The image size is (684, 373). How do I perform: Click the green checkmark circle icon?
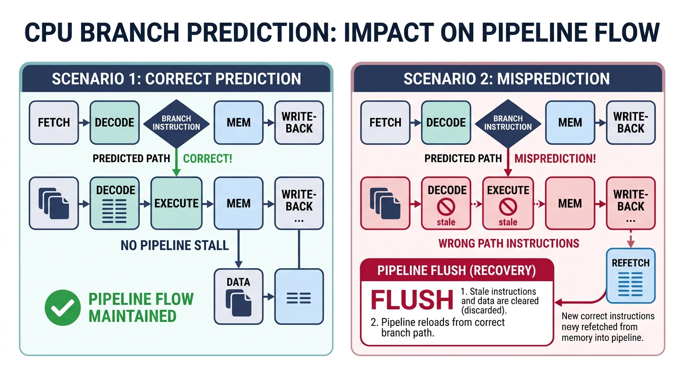[63, 307]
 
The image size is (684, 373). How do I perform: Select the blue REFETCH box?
[631, 275]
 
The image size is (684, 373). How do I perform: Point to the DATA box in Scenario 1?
[239, 296]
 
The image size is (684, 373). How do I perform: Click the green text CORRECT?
[207, 158]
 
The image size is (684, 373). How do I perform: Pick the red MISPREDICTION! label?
[555, 158]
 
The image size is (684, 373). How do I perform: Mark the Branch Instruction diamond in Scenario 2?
[508, 123]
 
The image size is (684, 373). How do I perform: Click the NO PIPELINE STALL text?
[174, 245]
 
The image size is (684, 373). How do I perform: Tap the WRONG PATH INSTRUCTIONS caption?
[509, 243]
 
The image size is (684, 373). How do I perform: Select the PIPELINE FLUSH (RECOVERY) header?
[457, 271]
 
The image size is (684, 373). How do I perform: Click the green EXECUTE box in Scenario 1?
[176, 203]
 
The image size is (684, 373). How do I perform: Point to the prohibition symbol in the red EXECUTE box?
[508, 208]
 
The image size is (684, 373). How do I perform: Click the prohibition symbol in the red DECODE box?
[446, 208]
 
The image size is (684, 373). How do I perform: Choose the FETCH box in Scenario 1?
[53, 123]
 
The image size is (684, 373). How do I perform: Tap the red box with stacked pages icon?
[385, 203]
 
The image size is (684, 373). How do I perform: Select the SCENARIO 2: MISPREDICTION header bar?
[508, 79]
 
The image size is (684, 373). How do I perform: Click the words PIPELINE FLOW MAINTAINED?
[141, 307]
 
